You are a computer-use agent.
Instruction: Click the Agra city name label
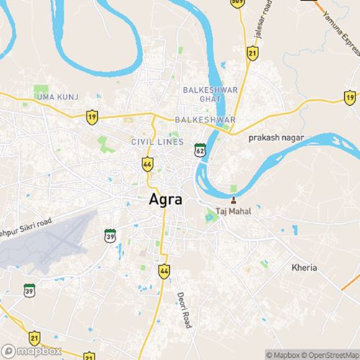tap(165, 199)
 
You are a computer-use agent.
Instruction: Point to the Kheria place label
tap(304, 267)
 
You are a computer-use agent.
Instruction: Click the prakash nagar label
tap(276, 137)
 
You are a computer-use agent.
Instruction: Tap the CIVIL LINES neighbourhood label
tap(157, 142)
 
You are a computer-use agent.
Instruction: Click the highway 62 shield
tap(199, 150)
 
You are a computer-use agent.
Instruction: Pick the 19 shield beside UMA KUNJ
tap(91, 116)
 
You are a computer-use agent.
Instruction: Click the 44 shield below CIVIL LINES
tap(147, 163)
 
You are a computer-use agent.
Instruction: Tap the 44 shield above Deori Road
tap(164, 271)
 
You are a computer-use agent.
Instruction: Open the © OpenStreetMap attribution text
tap(332, 354)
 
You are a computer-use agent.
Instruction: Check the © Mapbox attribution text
tap(285, 354)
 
